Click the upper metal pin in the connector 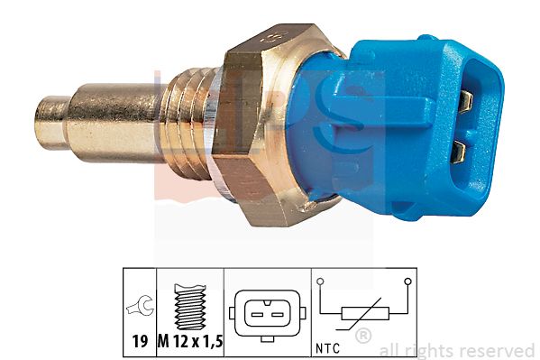466,102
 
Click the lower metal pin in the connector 458,152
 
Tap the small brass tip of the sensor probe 51,122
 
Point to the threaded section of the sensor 188,123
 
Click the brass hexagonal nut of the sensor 272,125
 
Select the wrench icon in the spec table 140,305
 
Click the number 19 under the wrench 140,341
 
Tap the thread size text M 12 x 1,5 190,341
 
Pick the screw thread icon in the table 190,307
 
